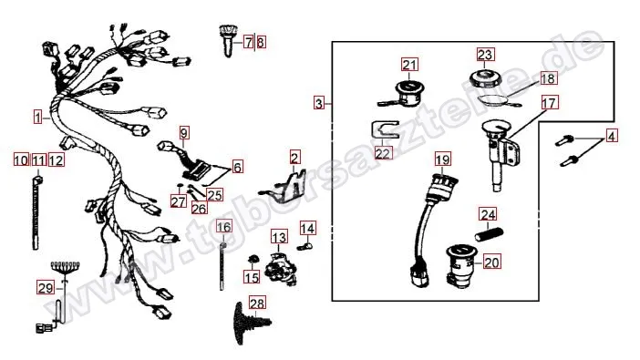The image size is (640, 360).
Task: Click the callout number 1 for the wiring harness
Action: pyautogui.click(x=38, y=118)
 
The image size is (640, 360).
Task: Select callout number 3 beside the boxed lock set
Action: pyautogui.click(x=319, y=103)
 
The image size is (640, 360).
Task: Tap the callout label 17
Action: pyautogui.click(x=550, y=103)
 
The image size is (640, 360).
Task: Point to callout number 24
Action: pyautogui.click(x=488, y=215)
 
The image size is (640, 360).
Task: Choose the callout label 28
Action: pyautogui.click(x=257, y=303)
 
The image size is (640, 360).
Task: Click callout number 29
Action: pyautogui.click(x=46, y=288)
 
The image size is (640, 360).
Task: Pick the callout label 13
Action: pyautogui.click(x=279, y=238)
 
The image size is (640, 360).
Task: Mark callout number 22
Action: pyautogui.click(x=383, y=153)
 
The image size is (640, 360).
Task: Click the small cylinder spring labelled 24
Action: pyautogui.click(x=489, y=235)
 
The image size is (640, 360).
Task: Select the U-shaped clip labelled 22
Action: pyautogui.click(x=384, y=129)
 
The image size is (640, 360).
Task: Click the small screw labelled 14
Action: pyautogui.click(x=305, y=246)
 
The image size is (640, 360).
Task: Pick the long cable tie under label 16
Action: pyautogui.click(x=222, y=266)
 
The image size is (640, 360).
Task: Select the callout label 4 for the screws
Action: pyautogui.click(x=611, y=136)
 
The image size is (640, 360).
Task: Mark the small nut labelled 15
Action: pyautogui.click(x=254, y=259)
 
